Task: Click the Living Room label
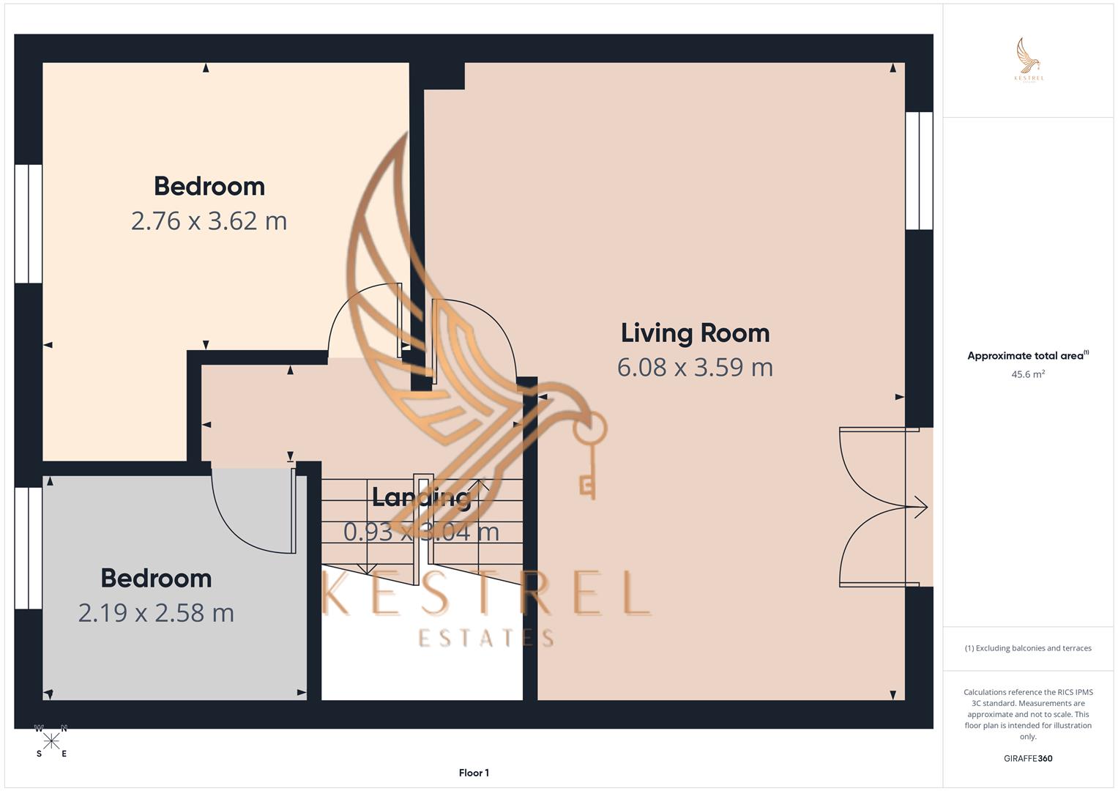point(695,333)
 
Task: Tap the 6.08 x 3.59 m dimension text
point(695,367)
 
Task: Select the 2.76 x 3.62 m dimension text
point(209,220)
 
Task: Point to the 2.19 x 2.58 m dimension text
point(156,612)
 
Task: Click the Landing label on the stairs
point(420,498)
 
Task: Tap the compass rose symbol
point(51,741)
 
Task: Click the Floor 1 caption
point(474,773)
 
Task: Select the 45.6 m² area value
point(1027,374)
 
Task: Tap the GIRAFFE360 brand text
point(1027,759)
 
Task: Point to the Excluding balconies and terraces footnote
point(1028,648)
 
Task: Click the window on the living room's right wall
point(919,171)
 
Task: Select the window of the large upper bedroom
point(29,223)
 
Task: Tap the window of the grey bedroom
point(29,548)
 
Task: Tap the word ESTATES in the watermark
point(485,638)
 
